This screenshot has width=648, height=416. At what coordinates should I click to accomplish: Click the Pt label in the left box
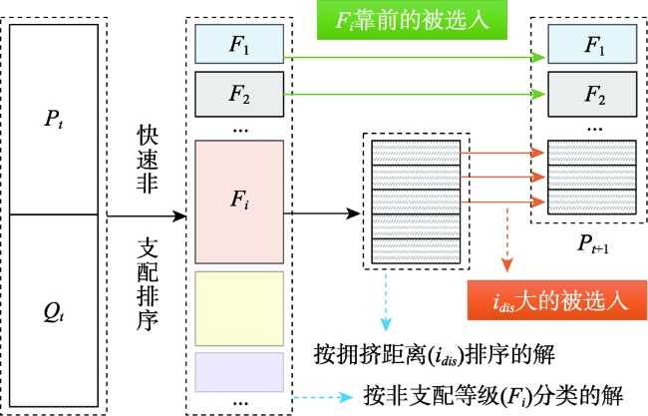pos(54,119)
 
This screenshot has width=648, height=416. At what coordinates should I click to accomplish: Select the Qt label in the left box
pos(54,312)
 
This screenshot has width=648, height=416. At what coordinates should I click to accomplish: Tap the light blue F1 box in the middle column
pos(239,44)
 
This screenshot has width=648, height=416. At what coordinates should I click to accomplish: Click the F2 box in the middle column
pos(239,95)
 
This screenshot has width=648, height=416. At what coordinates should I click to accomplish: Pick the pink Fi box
pos(239,202)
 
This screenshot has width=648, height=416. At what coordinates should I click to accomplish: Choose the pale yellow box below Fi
pos(239,308)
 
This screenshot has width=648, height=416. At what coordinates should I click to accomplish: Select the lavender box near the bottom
pos(239,372)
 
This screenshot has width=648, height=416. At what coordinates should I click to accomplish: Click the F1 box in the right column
pos(592,44)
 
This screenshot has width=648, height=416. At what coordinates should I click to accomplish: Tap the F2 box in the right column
pos(592,95)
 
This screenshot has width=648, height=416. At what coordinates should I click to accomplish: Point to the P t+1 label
pos(593,244)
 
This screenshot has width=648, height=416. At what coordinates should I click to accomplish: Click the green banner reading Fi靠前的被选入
pos(412,20)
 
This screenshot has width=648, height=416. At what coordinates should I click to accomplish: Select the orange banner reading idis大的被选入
pos(557,300)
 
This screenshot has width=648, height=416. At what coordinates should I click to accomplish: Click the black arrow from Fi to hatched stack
pos(322,213)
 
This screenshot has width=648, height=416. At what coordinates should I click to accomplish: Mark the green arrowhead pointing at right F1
pos(539,58)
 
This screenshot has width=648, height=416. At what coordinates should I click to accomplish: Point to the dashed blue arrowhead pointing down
pos(386,325)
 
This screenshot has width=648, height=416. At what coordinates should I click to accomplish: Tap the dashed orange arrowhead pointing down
pos(507,264)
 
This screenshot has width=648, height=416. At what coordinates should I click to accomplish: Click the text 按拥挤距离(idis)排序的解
pos(434,355)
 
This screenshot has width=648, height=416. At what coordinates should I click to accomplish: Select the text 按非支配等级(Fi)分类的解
pos(493,396)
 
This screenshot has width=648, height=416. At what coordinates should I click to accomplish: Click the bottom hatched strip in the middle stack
pos(416,251)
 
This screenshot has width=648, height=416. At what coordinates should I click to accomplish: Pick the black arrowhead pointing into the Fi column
pos(179,215)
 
